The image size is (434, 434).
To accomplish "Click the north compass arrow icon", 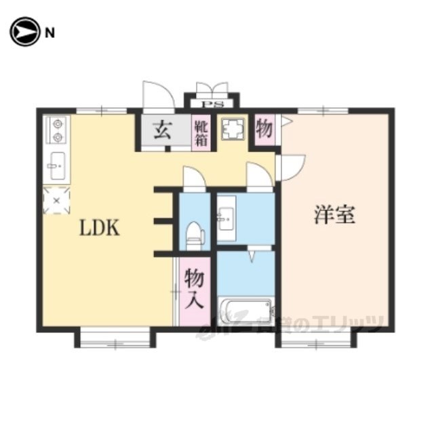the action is click(x=24, y=32).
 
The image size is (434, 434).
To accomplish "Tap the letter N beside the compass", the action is click(x=50, y=33).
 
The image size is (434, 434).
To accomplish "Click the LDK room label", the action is click(x=100, y=228).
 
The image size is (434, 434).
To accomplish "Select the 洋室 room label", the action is click(x=334, y=215).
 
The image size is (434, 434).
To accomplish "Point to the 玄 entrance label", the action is click(x=163, y=130).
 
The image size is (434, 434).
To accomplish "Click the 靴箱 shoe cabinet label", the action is click(x=201, y=134).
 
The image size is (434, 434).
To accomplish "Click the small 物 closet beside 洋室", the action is click(x=264, y=129).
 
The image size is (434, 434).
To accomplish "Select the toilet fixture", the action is click(x=195, y=236).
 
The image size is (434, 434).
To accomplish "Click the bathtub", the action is click(x=245, y=311).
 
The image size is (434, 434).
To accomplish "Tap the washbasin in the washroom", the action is click(x=226, y=218).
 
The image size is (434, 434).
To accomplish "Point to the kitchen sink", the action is click(x=57, y=165).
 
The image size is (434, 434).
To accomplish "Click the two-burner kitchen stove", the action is click(x=57, y=130).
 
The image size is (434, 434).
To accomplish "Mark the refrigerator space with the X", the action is click(x=56, y=201).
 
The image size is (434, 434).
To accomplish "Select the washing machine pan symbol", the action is click(x=233, y=129).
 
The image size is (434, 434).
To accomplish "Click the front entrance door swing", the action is click(x=159, y=97).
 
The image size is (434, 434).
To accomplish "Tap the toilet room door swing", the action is click(x=195, y=178).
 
